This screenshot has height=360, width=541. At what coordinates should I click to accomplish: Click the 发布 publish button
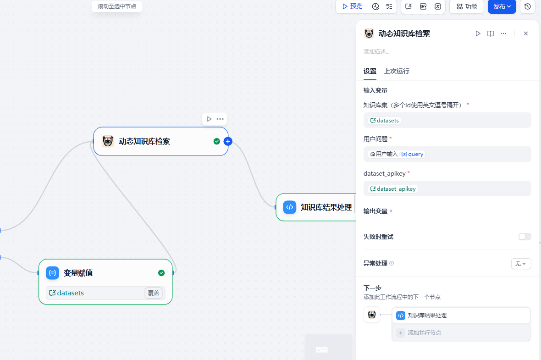click(502, 6)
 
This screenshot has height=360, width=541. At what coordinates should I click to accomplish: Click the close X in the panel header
click(526, 33)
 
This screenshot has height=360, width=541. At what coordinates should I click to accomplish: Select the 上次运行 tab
click(397, 71)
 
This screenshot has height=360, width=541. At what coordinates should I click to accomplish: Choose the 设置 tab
click(370, 71)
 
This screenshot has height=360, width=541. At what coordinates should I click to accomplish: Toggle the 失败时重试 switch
click(524, 237)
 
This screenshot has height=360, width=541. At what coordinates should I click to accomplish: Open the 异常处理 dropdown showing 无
click(521, 263)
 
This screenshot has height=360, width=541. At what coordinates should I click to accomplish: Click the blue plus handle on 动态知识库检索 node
click(228, 141)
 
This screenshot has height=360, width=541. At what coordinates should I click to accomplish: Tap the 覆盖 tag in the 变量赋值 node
click(154, 293)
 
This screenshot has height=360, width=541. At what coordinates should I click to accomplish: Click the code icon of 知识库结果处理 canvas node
click(290, 207)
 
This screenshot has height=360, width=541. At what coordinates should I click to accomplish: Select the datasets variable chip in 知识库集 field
click(385, 121)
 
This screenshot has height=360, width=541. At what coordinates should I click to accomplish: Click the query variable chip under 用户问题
click(413, 154)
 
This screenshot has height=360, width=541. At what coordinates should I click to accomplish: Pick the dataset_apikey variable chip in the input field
click(393, 188)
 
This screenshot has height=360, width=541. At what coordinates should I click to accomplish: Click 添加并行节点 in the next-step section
click(424, 333)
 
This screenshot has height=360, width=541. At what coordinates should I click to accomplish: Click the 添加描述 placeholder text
click(376, 52)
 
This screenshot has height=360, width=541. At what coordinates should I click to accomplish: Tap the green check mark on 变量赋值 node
click(161, 273)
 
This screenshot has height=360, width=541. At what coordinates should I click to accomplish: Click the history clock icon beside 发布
click(528, 6)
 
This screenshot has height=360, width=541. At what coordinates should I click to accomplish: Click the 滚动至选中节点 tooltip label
click(117, 6)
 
